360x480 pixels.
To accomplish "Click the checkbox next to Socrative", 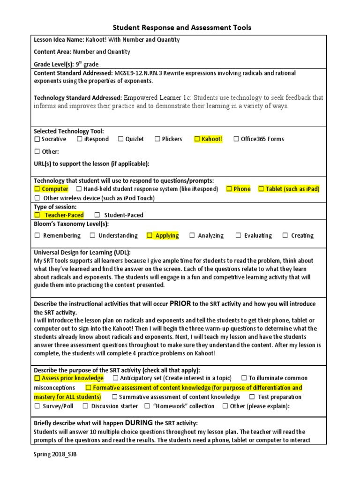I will pos(37,139).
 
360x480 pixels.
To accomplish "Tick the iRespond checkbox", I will pos(80,139).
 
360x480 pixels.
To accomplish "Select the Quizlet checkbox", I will pos(121,139).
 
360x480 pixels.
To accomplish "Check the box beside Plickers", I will pos(157,139).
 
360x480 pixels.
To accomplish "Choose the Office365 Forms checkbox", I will pos(236,139).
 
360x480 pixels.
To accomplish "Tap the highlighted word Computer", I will pos(55,189).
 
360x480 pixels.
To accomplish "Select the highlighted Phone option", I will pos(242,189).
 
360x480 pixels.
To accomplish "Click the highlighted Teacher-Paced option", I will pos(64,215).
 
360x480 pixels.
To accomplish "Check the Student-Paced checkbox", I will pos(97,215).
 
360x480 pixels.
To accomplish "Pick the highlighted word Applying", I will pos(167,236).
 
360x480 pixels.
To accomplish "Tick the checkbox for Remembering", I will pos(37,236).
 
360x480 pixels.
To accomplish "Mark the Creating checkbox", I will pos(285,236).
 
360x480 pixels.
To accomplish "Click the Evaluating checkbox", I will pos(238,236).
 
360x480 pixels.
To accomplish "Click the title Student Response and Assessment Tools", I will pos(183,28).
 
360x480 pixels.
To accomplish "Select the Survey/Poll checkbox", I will pos(37,406).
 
